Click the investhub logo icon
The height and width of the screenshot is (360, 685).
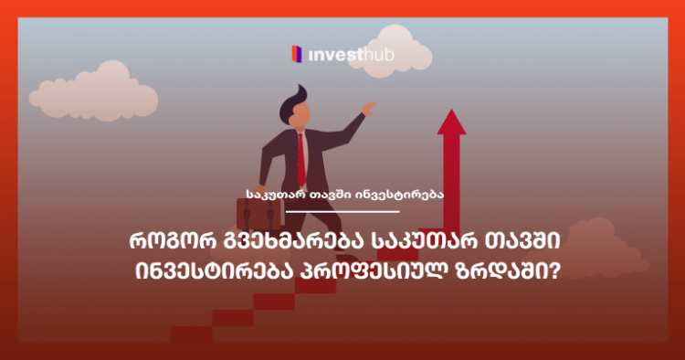coord(296,54)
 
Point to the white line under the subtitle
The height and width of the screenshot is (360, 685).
coord(342,212)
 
